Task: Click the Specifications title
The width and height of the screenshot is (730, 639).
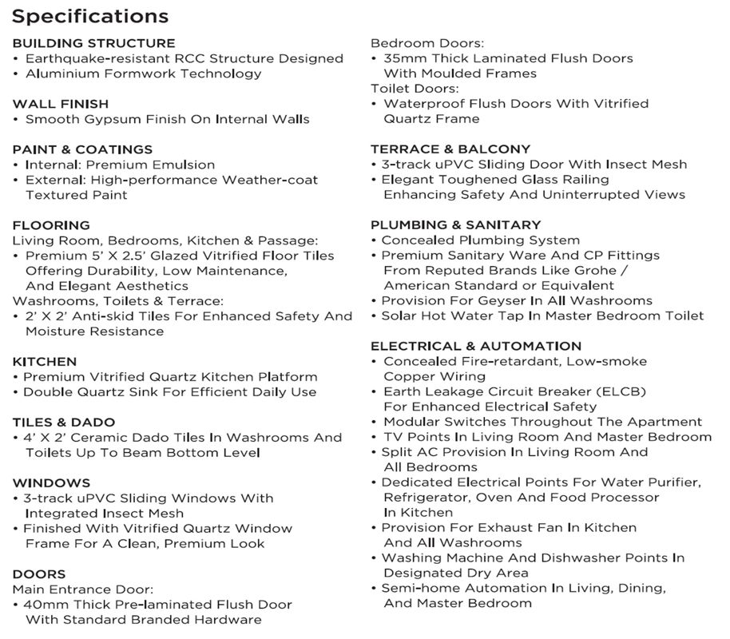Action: (x=90, y=16)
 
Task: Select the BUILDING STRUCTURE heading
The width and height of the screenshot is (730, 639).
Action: (x=93, y=43)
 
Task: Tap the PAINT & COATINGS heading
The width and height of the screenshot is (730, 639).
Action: (x=82, y=149)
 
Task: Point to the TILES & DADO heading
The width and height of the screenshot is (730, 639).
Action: (x=64, y=422)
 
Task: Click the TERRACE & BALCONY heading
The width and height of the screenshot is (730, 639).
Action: (x=450, y=149)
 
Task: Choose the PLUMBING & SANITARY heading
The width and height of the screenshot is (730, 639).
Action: (x=455, y=225)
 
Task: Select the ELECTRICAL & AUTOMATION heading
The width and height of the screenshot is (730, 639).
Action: (x=476, y=346)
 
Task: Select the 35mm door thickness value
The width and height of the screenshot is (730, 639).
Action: (x=405, y=58)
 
